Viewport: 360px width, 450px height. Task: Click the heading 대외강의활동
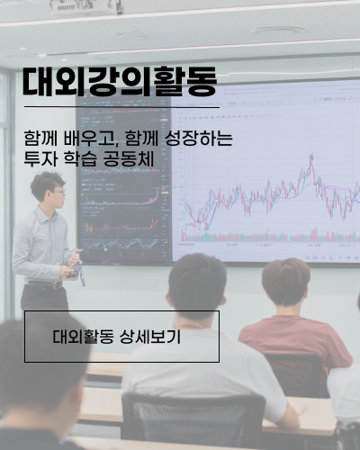[120, 81]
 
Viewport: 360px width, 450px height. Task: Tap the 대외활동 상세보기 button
[121, 337]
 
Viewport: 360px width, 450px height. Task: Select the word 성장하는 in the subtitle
[199, 139]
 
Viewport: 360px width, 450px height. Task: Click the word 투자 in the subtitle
[40, 158]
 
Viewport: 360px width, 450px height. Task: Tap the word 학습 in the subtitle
[80, 158]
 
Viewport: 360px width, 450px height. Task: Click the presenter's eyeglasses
[59, 191]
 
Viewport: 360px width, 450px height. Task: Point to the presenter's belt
[45, 284]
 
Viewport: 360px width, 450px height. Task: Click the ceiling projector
[87, 7]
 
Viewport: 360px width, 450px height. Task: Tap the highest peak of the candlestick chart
[311, 156]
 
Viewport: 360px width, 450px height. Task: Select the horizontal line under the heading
[121, 107]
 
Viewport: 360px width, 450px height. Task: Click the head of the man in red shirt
[286, 282]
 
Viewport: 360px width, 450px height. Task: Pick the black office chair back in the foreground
[193, 420]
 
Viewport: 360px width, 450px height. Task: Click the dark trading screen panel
[124, 180]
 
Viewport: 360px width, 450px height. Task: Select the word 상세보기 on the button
[150, 337]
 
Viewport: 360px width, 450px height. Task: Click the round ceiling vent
[277, 30]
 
